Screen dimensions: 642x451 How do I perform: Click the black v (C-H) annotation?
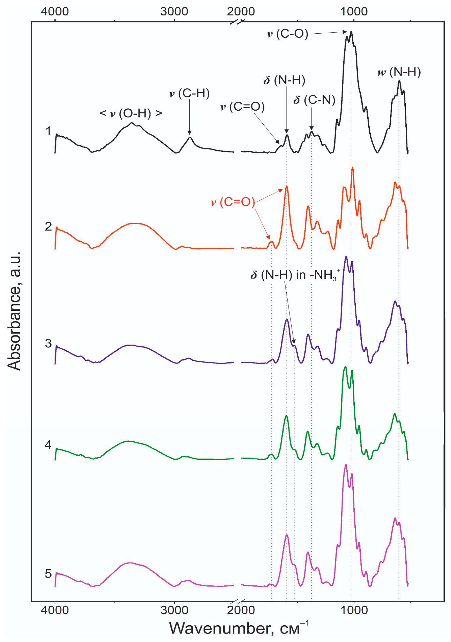click(x=190, y=93)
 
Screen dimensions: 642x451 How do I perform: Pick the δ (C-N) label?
click(x=314, y=100)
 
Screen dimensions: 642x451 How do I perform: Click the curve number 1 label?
click(x=49, y=131)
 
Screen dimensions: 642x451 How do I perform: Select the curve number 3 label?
click(x=49, y=343)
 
